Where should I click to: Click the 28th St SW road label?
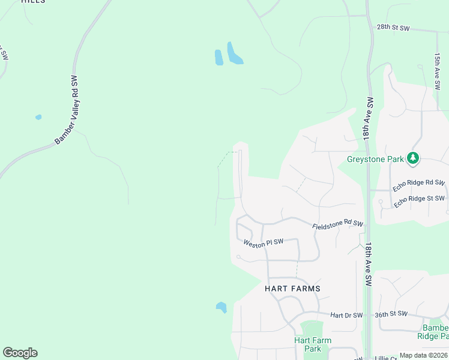tap(393, 28)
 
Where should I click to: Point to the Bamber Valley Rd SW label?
tap(67, 110)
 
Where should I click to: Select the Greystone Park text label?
tap(375, 159)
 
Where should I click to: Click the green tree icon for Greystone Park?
tap(412, 158)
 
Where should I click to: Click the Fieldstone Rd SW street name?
tap(338, 224)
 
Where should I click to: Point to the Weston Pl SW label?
tap(264, 242)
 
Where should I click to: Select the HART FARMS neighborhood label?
tap(292, 289)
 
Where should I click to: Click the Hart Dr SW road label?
tap(346, 315)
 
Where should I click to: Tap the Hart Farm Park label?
tap(312, 344)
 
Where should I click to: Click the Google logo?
tap(20, 353)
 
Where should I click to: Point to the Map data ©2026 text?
tap(423, 355)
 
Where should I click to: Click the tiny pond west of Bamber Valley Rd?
tap(38, 117)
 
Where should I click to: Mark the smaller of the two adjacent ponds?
tap(218, 58)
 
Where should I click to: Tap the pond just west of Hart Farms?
tap(221, 307)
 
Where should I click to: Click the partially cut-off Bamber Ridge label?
tap(435, 332)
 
